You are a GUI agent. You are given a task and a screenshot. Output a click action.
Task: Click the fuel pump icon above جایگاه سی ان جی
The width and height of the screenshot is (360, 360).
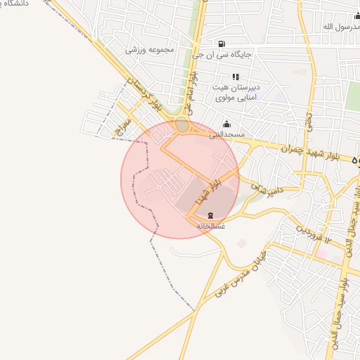point(222,43)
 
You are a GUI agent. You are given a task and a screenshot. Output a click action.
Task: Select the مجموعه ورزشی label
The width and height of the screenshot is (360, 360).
point(150,50)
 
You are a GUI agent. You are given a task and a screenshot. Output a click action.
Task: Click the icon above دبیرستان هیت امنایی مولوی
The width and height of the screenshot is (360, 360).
point(236,77)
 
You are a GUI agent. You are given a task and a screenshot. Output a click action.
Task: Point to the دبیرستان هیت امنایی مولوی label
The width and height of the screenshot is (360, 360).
point(236,92)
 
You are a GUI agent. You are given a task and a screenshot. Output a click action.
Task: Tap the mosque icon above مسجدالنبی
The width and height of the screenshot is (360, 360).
point(226,124)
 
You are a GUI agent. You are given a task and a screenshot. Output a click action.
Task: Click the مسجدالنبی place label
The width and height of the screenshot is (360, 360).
point(226,134)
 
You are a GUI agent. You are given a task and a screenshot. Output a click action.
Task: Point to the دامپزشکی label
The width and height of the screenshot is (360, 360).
point(250,188)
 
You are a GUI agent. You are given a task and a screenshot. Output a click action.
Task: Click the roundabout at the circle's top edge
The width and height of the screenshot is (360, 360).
point(182,125)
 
